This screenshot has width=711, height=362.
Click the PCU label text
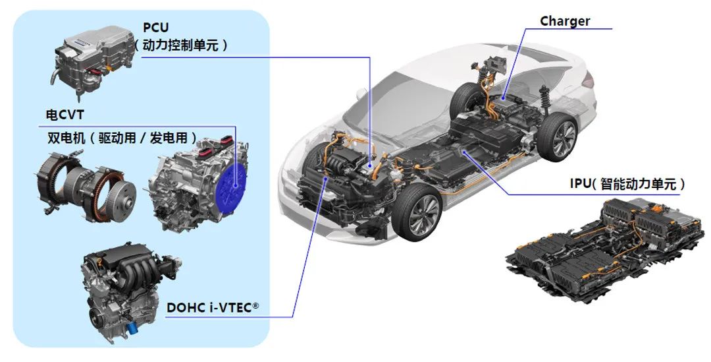pos(155,27)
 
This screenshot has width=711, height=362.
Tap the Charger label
pos(565,21)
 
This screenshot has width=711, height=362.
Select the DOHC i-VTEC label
pos(213,307)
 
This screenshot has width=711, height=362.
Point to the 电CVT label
pos(65,115)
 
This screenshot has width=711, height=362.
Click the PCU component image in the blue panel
pos(92,62)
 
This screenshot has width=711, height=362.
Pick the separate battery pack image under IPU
pos(605,248)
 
